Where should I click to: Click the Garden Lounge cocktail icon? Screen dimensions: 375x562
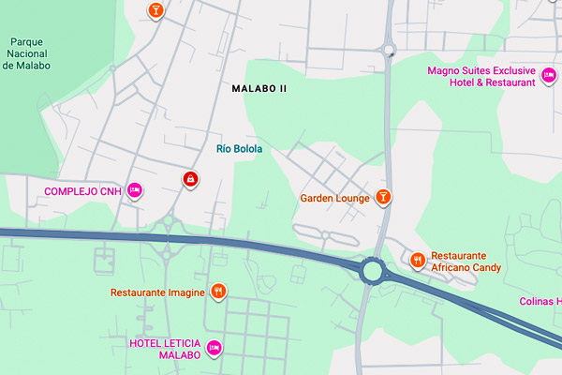point(382,197)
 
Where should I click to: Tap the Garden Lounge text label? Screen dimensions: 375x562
point(335,198)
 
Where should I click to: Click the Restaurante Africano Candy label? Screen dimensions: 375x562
point(466,262)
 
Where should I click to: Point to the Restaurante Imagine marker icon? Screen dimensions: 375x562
point(217,292)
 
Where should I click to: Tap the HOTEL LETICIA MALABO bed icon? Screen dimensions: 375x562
point(214,349)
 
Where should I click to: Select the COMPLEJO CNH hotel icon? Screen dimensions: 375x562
point(135,191)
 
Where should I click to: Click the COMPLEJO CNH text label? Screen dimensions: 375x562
point(83,192)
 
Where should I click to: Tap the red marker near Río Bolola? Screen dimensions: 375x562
point(190,178)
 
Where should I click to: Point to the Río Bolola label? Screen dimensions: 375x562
point(239,149)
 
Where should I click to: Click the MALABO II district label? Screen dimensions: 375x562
point(259,88)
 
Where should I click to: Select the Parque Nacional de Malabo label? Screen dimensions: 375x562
point(30,53)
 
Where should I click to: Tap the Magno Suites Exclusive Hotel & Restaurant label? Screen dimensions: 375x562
point(481,76)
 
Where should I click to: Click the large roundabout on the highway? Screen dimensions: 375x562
point(374,272)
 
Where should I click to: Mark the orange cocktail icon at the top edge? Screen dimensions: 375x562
point(155,10)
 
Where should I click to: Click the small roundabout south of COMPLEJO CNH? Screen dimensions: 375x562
point(169,222)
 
